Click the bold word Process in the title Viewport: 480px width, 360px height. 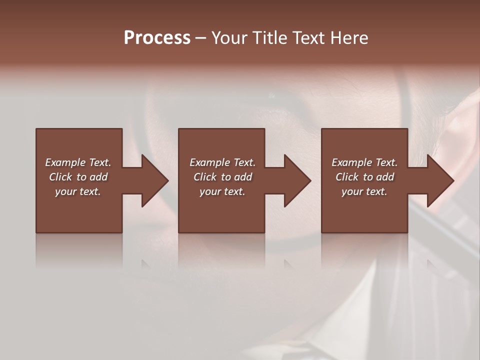click(x=157, y=38)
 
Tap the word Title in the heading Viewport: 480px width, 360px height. click(x=269, y=38)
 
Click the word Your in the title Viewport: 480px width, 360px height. click(x=229, y=38)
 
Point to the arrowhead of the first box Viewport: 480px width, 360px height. click(x=152, y=180)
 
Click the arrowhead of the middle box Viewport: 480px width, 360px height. click(x=295, y=180)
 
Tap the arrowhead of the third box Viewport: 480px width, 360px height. click(x=438, y=180)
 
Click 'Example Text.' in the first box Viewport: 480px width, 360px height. click(x=78, y=162)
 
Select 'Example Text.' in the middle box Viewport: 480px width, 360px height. click(x=222, y=162)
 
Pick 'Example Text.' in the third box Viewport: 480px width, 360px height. click(x=364, y=162)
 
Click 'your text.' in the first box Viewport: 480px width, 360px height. click(x=78, y=191)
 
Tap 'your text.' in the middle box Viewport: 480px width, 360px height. click(x=222, y=191)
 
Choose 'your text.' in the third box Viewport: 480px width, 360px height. click(x=364, y=191)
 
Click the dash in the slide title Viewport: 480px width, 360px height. click(x=200, y=38)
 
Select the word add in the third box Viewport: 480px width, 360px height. click(x=385, y=177)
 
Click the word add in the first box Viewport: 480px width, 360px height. click(x=98, y=177)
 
